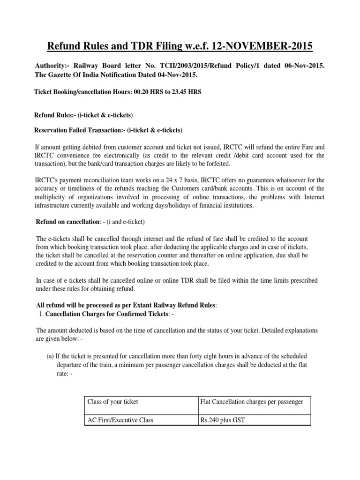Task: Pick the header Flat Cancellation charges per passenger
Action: coord(252,402)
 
